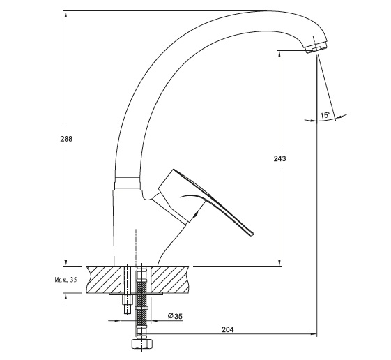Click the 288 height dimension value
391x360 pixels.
pyautogui.click(x=66, y=139)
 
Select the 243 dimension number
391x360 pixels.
pyautogui.click(x=279, y=158)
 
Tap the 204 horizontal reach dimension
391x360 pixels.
pyautogui.click(x=228, y=330)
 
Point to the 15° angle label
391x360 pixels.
pyautogui.click(x=325, y=115)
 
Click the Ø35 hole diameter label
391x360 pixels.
pyautogui.click(x=176, y=316)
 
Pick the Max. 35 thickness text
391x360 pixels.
pyautogui.click(x=66, y=280)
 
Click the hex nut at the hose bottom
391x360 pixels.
pyautogui.click(x=142, y=344)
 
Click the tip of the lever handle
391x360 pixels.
pyautogui.click(x=252, y=234)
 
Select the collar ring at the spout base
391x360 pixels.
pyautogui.click(x=127, y=183)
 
